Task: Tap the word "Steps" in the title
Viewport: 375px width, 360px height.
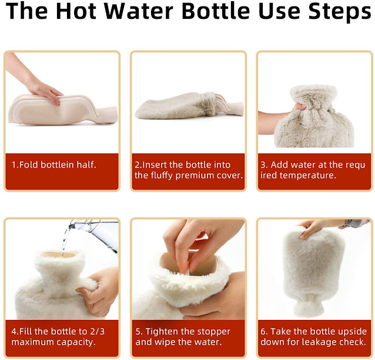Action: [x=340, y=11]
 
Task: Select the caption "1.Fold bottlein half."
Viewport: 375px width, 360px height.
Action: [x=54, y=165]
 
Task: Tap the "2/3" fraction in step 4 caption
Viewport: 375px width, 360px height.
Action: [x=98, y=332]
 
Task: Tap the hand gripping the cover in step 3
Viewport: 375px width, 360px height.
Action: [x=282, y=115]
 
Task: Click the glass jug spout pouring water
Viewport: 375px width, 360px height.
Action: [x=73, y=225]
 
